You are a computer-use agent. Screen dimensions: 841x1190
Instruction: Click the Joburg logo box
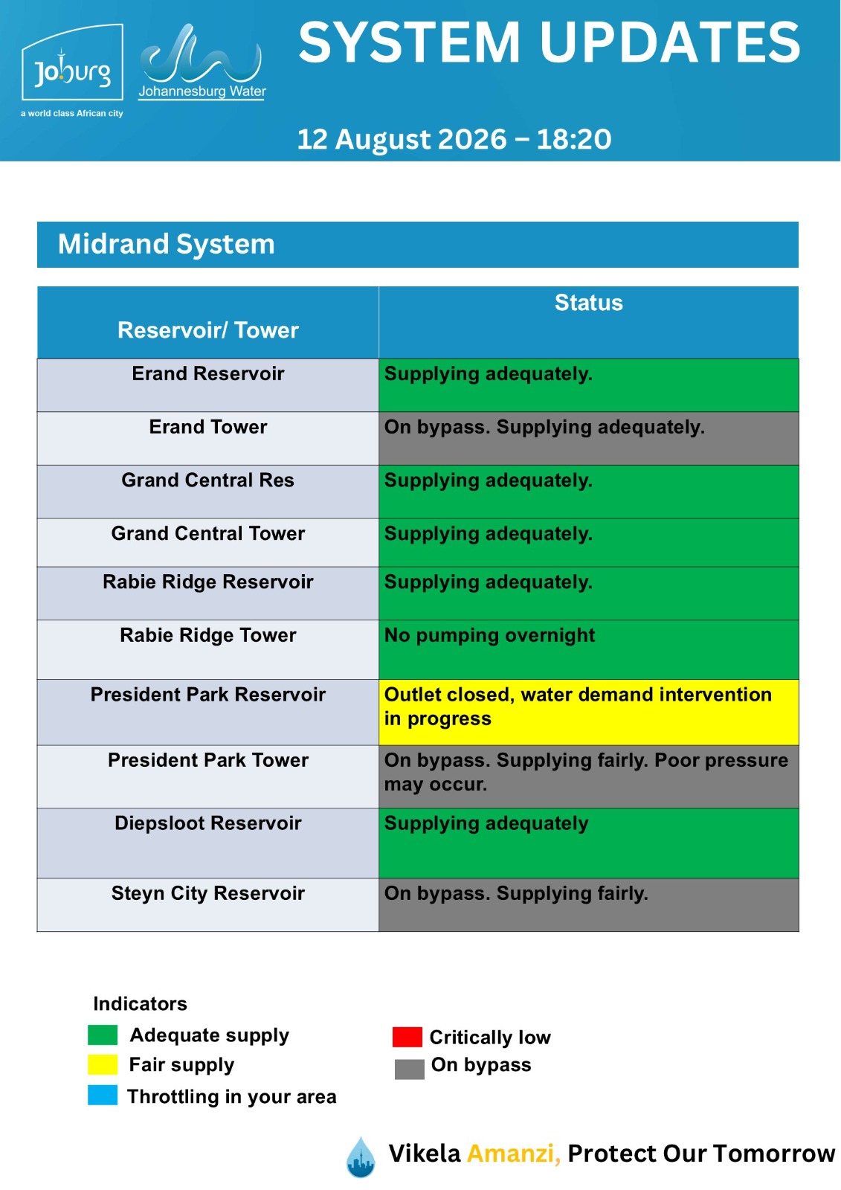click(72, 62)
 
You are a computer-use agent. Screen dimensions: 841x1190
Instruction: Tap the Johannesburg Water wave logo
click(202, 61)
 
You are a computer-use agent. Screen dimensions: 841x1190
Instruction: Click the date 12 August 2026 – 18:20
click(454, 139)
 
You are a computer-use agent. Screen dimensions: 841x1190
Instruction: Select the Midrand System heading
click(167, 245)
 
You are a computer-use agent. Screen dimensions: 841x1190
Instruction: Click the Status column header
click(589, 303)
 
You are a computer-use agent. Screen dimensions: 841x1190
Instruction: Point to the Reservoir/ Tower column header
click(207, 330)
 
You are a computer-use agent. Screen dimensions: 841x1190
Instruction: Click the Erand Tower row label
click(207, 427)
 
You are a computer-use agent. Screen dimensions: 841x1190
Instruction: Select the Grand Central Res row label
click(207, 480)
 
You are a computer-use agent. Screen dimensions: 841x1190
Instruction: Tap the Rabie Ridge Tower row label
click(207, 635)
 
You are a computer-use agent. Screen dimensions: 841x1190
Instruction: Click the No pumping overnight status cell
click(589, 650)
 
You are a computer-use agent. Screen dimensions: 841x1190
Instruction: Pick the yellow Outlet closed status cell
click(589, 713)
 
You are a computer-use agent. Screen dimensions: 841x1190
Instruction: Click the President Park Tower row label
click(207, 760)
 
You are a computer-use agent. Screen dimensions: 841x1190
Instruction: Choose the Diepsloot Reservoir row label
click(207, 823)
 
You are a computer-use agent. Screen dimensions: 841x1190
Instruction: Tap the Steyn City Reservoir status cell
click(589, 904)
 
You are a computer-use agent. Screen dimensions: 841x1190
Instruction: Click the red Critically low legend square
click(407, 1037)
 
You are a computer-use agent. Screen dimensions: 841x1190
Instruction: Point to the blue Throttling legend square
click(103, 1096)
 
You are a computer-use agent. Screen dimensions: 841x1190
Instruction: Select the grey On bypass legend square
click(410, 1070)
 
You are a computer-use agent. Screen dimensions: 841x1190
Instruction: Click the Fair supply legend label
click(181, 1065)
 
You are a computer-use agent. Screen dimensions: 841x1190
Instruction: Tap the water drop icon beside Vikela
click(361, 1157)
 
